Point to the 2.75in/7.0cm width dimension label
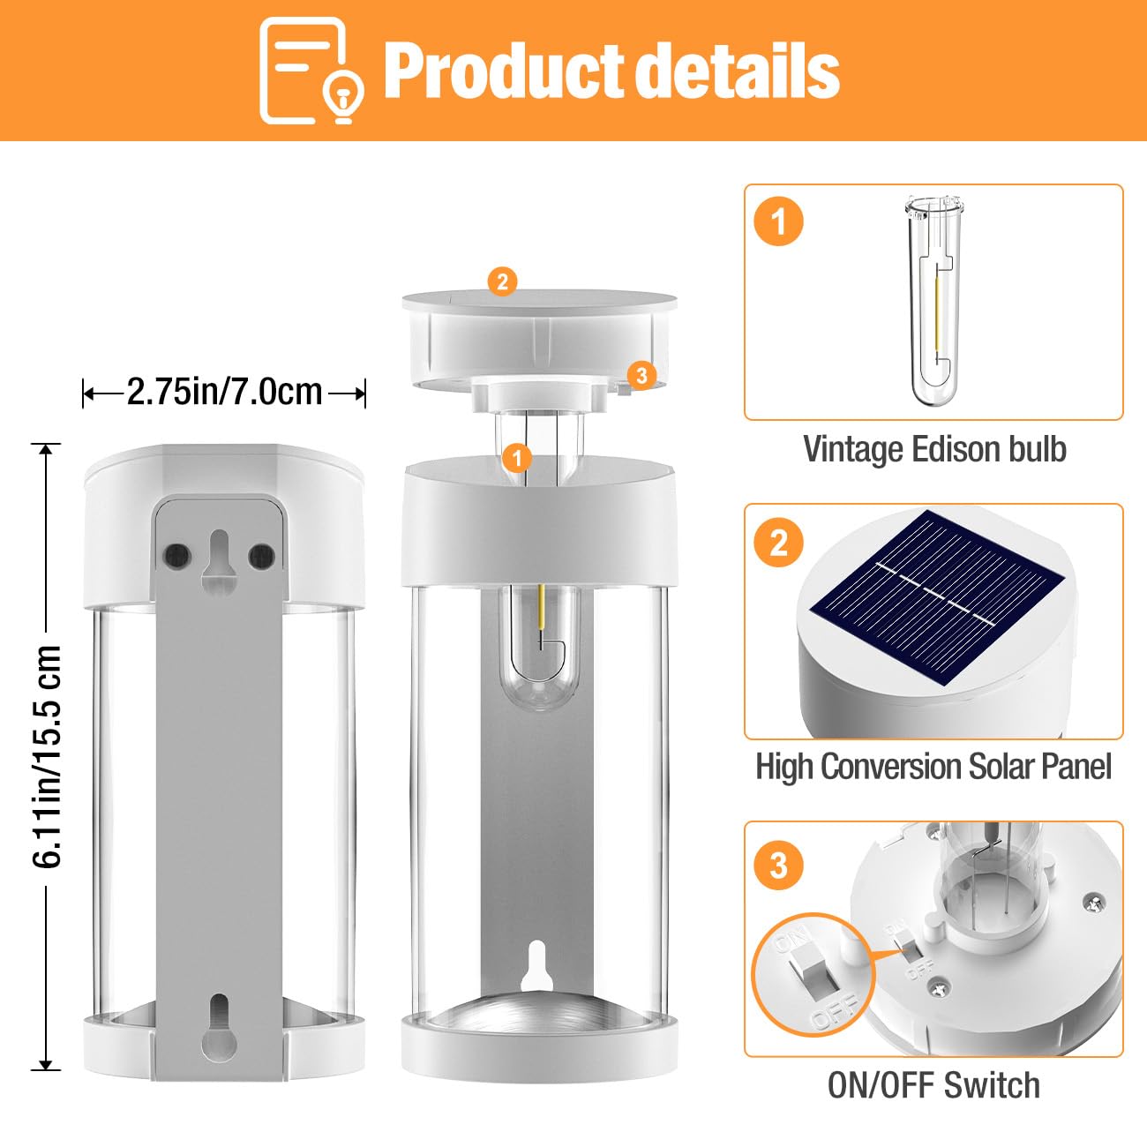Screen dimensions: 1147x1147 [224, 392]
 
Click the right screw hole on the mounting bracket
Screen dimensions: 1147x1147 [261, 556]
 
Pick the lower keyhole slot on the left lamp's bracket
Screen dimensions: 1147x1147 [219, 1027]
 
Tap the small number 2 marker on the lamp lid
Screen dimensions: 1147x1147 [502, 281]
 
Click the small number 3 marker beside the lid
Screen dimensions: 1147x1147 [641, 375]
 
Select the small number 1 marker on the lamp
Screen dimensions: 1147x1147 [516, 458]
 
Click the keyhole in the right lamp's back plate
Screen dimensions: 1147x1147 [536, 967]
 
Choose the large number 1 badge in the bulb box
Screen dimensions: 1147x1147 [778, 221]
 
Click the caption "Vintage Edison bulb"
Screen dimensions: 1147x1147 [934, 449]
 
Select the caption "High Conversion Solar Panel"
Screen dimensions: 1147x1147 [933, 767]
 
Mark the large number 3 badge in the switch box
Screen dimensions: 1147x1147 [778, 866]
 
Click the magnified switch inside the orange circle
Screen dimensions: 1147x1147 [812, 974]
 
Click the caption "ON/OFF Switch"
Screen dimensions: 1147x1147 [933, 1085]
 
